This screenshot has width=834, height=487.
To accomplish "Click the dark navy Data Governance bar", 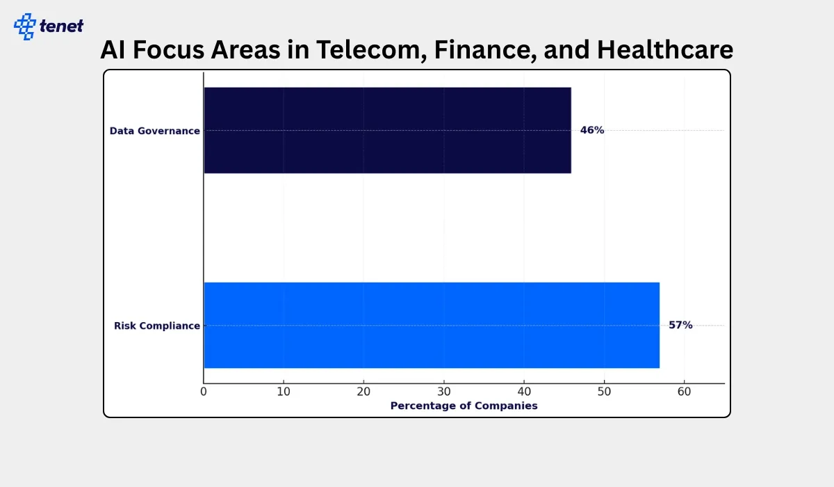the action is point(388,130).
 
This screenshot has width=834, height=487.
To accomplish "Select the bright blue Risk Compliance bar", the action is point(432,326).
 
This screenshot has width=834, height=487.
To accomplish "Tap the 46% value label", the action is point(592,130).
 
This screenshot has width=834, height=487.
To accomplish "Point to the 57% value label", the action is point(680,325).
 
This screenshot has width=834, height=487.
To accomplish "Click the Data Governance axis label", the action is point(154,131).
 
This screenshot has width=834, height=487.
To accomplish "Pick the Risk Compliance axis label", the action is point(157,326).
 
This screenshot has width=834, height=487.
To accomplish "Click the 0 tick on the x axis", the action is point(203,392).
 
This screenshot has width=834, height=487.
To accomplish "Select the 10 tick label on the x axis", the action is point(284,392).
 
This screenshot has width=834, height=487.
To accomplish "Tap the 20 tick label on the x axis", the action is point(363,392).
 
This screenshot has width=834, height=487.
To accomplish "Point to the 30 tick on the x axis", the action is point(444,392).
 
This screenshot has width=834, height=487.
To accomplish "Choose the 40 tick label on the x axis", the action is point(524,392).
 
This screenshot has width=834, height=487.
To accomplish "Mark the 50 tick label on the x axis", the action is point(604,392).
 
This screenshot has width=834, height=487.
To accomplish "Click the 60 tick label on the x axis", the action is point(685,392).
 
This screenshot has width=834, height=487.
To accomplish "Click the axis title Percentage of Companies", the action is point(464,406).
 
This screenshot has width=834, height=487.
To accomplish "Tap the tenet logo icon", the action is point(25,26).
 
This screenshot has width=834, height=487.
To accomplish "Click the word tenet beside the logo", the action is point(61,26).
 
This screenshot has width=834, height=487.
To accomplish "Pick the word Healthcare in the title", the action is point(665,49).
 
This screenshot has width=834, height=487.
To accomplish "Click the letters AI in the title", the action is point(113,49).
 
